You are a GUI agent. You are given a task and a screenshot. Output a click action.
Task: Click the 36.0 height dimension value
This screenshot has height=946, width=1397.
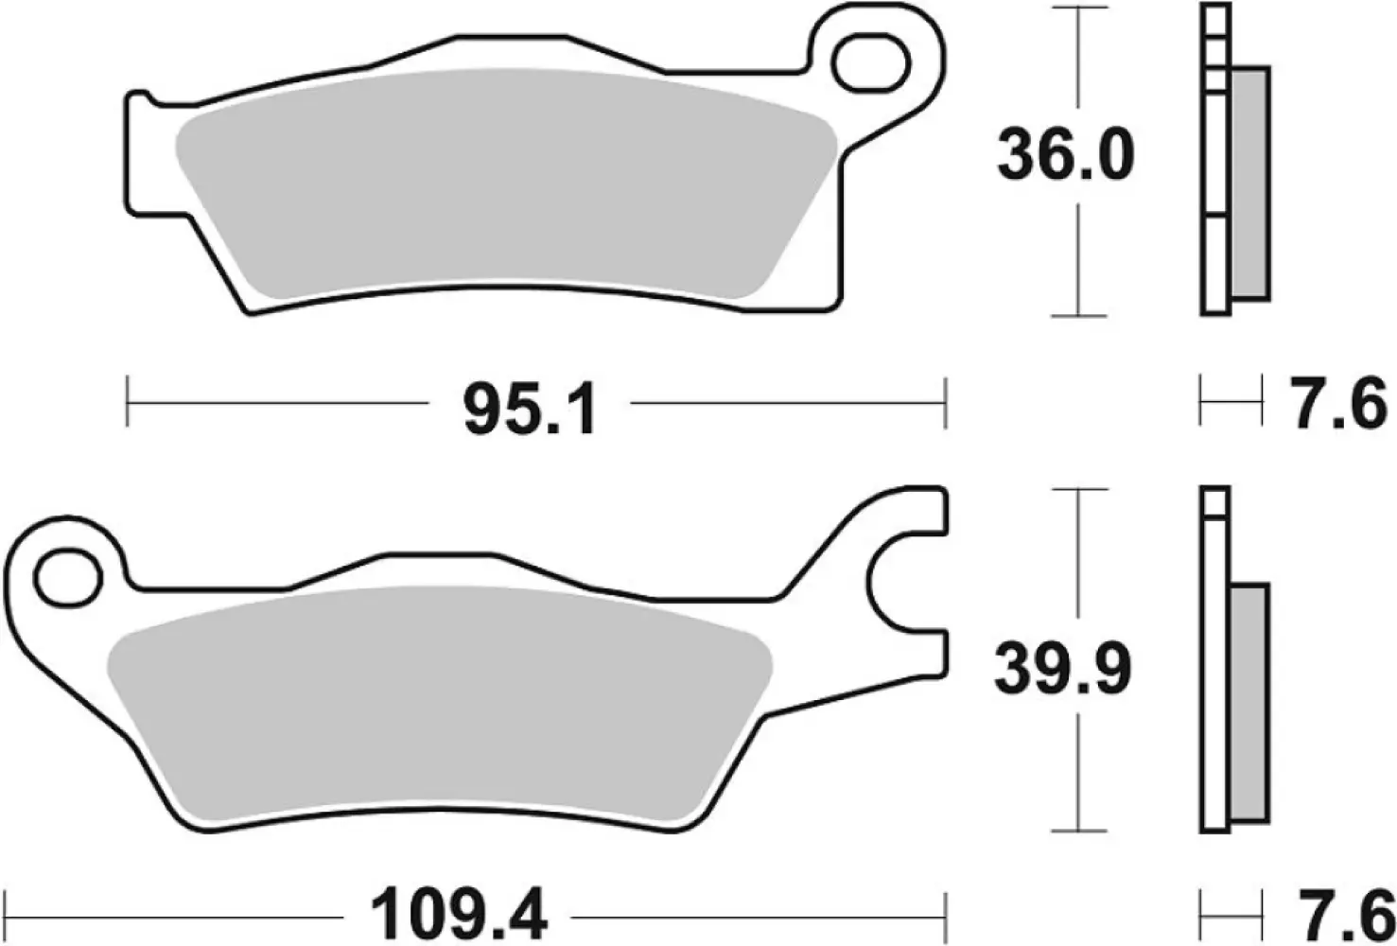tap(1065, 158)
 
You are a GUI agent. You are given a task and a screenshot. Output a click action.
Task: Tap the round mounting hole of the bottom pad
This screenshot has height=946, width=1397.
tap(68, 573)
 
